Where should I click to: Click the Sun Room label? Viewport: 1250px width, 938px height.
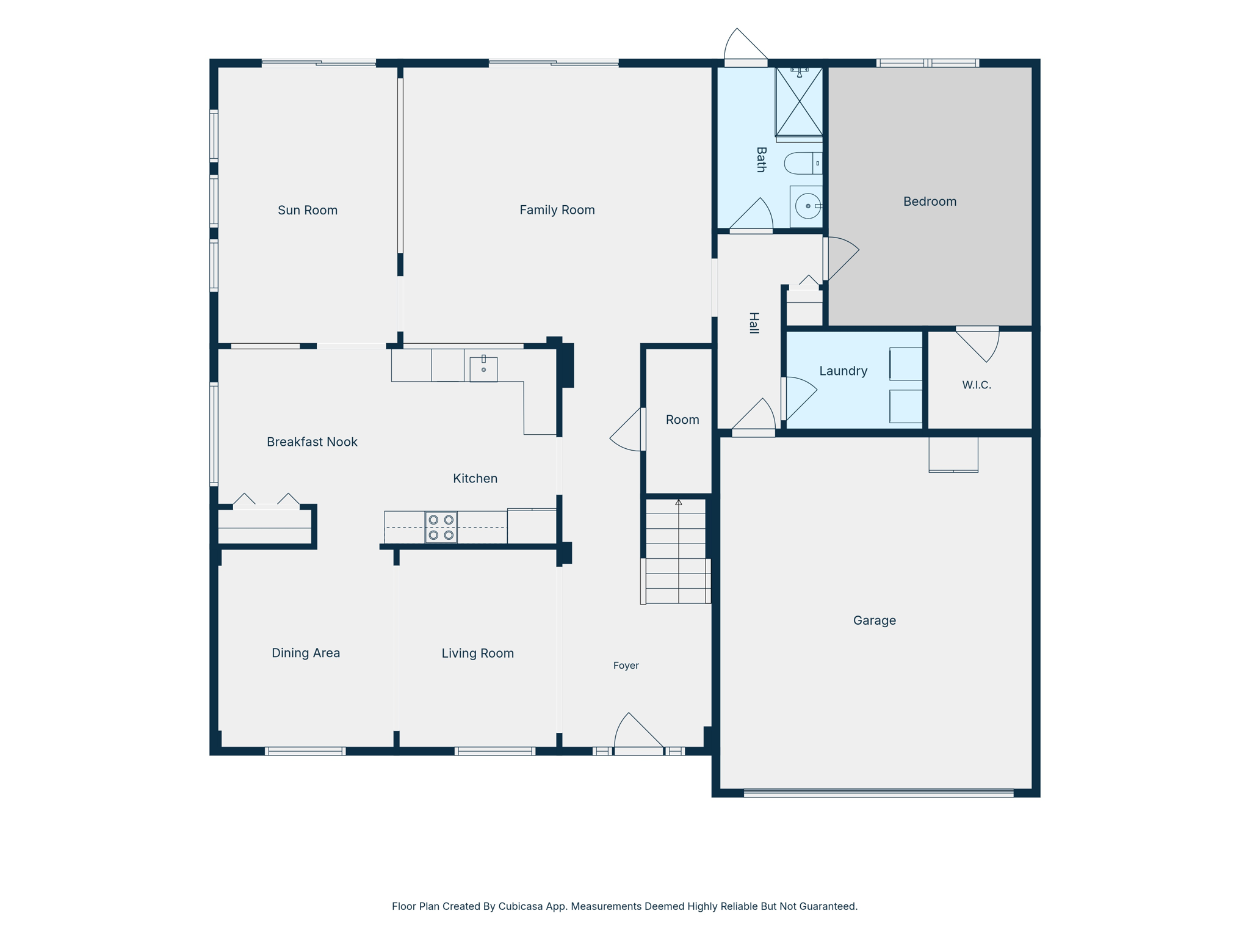tap(308, 210)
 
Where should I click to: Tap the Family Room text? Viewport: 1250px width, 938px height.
tap(557, 210)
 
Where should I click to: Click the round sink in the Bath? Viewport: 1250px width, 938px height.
tap(807, 206)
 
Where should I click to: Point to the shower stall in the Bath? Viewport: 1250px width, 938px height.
tap(799, 101)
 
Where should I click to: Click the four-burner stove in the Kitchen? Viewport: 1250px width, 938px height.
tap(441, 528)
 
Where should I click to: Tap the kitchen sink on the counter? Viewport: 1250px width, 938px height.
tap(483, 369)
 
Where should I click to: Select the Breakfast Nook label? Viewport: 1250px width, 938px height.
tap(312, 442)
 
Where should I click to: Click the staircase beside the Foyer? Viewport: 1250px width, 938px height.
tap(676, 551)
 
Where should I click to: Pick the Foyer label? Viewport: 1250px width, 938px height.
tap(626, 666)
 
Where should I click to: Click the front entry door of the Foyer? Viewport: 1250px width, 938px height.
tap(638, 733)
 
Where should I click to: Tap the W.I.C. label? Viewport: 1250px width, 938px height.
tap(977, 385)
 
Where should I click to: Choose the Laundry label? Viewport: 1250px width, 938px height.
tap(844, 371)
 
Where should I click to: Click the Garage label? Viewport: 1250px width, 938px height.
tap(875, 620)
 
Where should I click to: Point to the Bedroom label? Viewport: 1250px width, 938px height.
tap(930, 202)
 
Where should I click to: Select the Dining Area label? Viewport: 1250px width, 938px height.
tap(306, 653)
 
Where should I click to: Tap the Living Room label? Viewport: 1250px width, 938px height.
tap(478, 653)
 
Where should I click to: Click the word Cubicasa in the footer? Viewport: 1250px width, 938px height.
tap(521, 907)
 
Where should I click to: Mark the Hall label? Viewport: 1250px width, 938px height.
tap(754, 323)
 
